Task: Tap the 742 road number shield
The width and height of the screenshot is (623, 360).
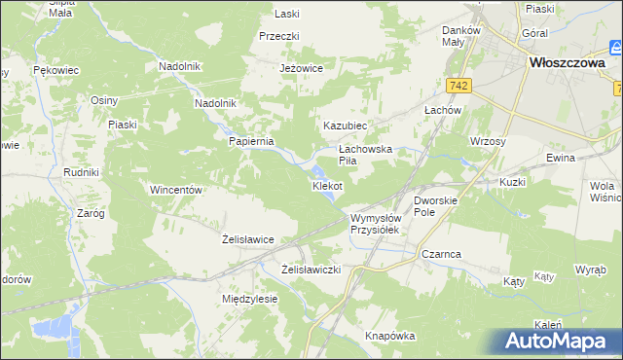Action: [460, 86]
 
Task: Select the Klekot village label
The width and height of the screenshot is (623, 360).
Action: [327, 185]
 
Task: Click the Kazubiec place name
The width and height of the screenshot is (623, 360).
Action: [345, 126]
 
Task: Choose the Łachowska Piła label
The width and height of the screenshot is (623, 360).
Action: [364, 155]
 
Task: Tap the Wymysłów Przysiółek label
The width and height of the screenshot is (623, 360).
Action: [376, 225]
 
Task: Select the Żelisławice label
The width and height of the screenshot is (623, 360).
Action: [248, 238]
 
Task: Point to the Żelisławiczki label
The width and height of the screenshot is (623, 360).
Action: [311, 269]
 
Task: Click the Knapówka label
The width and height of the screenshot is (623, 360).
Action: [390, 336]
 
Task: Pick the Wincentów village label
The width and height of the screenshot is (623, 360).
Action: [175, 190]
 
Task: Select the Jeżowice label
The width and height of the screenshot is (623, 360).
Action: [300, 69]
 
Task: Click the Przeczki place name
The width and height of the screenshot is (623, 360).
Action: [279, 36]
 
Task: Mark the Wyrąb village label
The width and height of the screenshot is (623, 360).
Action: [590, 268]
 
